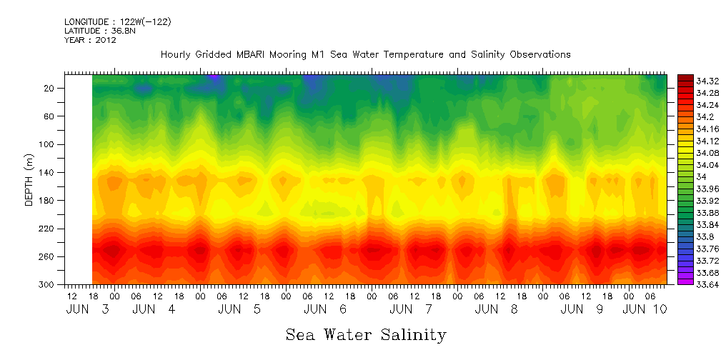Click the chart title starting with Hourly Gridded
(x=365, y=54)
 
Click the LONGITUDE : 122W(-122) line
(x=117, y=22)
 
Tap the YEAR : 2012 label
(x=90, y=40)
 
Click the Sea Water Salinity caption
(x=366, y=334)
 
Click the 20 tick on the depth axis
(x=50, y=88)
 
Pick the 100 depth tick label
(x=48, y=144)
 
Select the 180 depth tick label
(x=48, y=201)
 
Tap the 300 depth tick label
(x=48, y=285)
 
